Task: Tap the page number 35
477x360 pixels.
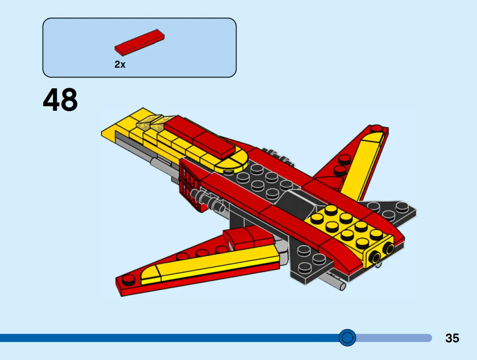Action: click(452, 338)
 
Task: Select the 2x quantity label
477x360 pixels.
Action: click(120, 65)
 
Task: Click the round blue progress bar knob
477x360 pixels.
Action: click(347, 337)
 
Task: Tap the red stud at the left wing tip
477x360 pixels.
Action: click(129, 280)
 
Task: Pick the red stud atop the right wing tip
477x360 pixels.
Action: click(345, 159)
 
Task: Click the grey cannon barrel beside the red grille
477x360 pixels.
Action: click(207, 199)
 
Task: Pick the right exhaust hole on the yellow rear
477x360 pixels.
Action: click(387, 249)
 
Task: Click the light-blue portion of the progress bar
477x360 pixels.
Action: click(395, 338)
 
